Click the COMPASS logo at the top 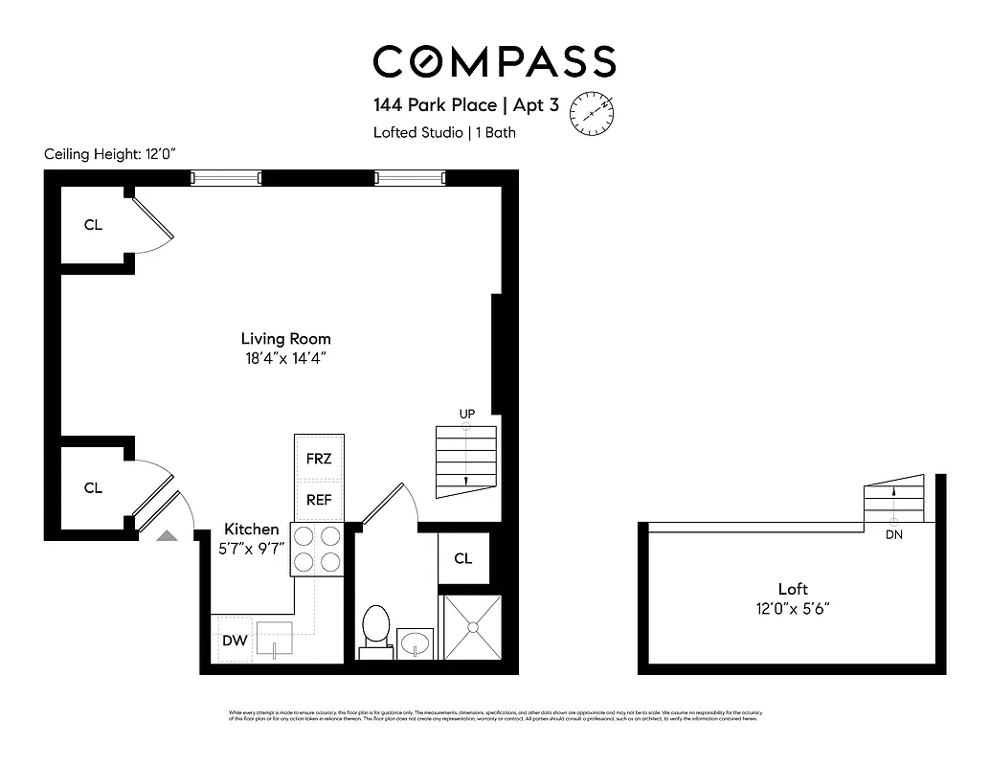(494, 62)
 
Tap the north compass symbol (592, 113)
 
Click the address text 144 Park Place (435, 104)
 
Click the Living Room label (285, 338)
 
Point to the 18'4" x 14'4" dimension (285, 359)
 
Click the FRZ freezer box (319, 459)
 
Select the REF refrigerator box (319, 500)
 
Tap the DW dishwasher (235, 641)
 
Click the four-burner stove (318, 550)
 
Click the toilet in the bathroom (375, 629)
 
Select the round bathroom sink (415, 641)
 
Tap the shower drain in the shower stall (470, 627)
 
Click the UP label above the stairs (467, 414)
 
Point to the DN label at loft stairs (893, 535)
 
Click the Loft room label (794, 589)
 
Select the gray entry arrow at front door (167, 536)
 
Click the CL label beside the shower (463, 558)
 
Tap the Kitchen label (252, 529)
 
